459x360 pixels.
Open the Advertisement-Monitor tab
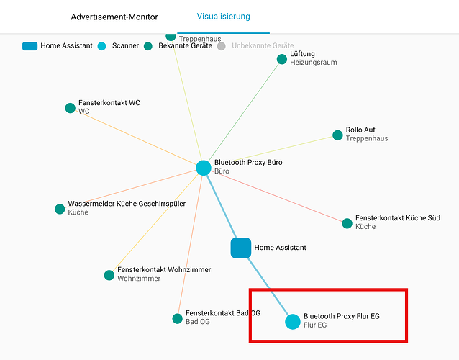114,17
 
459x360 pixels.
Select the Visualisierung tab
223,16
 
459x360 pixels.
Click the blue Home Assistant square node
240,248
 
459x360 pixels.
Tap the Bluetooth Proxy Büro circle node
204,168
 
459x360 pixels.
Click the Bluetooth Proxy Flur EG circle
292,321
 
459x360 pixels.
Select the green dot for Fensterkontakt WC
70,108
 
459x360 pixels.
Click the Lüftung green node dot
282,59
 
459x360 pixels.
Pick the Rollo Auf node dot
337,135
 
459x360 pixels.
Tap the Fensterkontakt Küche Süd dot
347,222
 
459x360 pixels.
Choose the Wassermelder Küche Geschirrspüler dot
60,209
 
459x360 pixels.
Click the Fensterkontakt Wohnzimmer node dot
109,275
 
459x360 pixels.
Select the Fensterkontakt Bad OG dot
177,318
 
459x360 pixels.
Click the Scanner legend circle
101,46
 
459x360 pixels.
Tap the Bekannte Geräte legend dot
148,46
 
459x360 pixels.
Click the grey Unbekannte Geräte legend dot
222,46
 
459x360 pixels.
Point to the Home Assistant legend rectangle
29,46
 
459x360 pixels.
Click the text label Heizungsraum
313,63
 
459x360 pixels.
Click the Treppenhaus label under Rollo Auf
367,138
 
